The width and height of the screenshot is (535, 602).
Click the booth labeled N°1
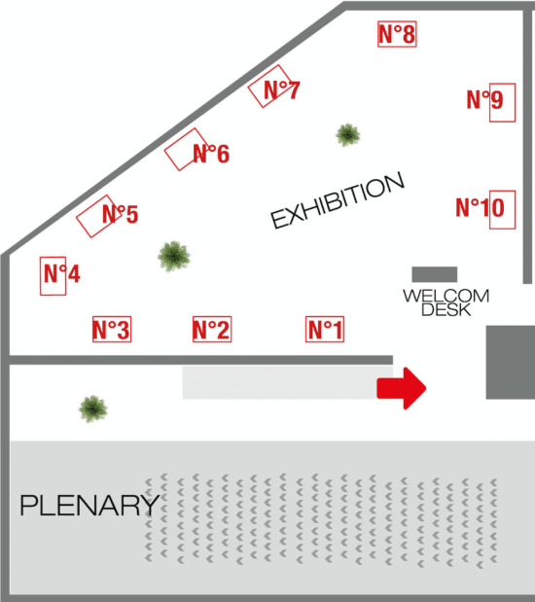pos(325,329)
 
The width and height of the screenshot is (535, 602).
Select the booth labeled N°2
pos(212,329)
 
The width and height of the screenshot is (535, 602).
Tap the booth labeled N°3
pos(112,329)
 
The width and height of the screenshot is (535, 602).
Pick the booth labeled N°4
pos(53,275)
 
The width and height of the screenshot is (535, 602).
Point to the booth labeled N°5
pos(96,217)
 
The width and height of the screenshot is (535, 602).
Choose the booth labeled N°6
pos(186,150)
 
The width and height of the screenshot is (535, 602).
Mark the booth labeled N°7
pos(269,87)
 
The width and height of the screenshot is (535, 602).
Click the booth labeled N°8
pos(397,34)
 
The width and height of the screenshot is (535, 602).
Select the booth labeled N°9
pos(502,102)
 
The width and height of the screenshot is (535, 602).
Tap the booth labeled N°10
pos(502,210)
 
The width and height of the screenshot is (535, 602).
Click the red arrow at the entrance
pos(402,388)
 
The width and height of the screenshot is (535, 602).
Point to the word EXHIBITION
pos(338,200)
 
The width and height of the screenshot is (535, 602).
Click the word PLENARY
pos(89,506)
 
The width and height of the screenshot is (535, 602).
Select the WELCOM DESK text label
pos(446,302)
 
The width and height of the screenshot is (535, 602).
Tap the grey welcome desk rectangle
pos(435,274)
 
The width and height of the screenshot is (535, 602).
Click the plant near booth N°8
pos(348,135)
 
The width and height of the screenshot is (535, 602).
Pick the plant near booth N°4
pos(174,257)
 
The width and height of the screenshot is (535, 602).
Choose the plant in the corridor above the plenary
pos(93,408)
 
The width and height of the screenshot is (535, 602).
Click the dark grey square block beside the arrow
pos(511,363)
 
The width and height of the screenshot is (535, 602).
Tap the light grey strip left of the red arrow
pos(279,382)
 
